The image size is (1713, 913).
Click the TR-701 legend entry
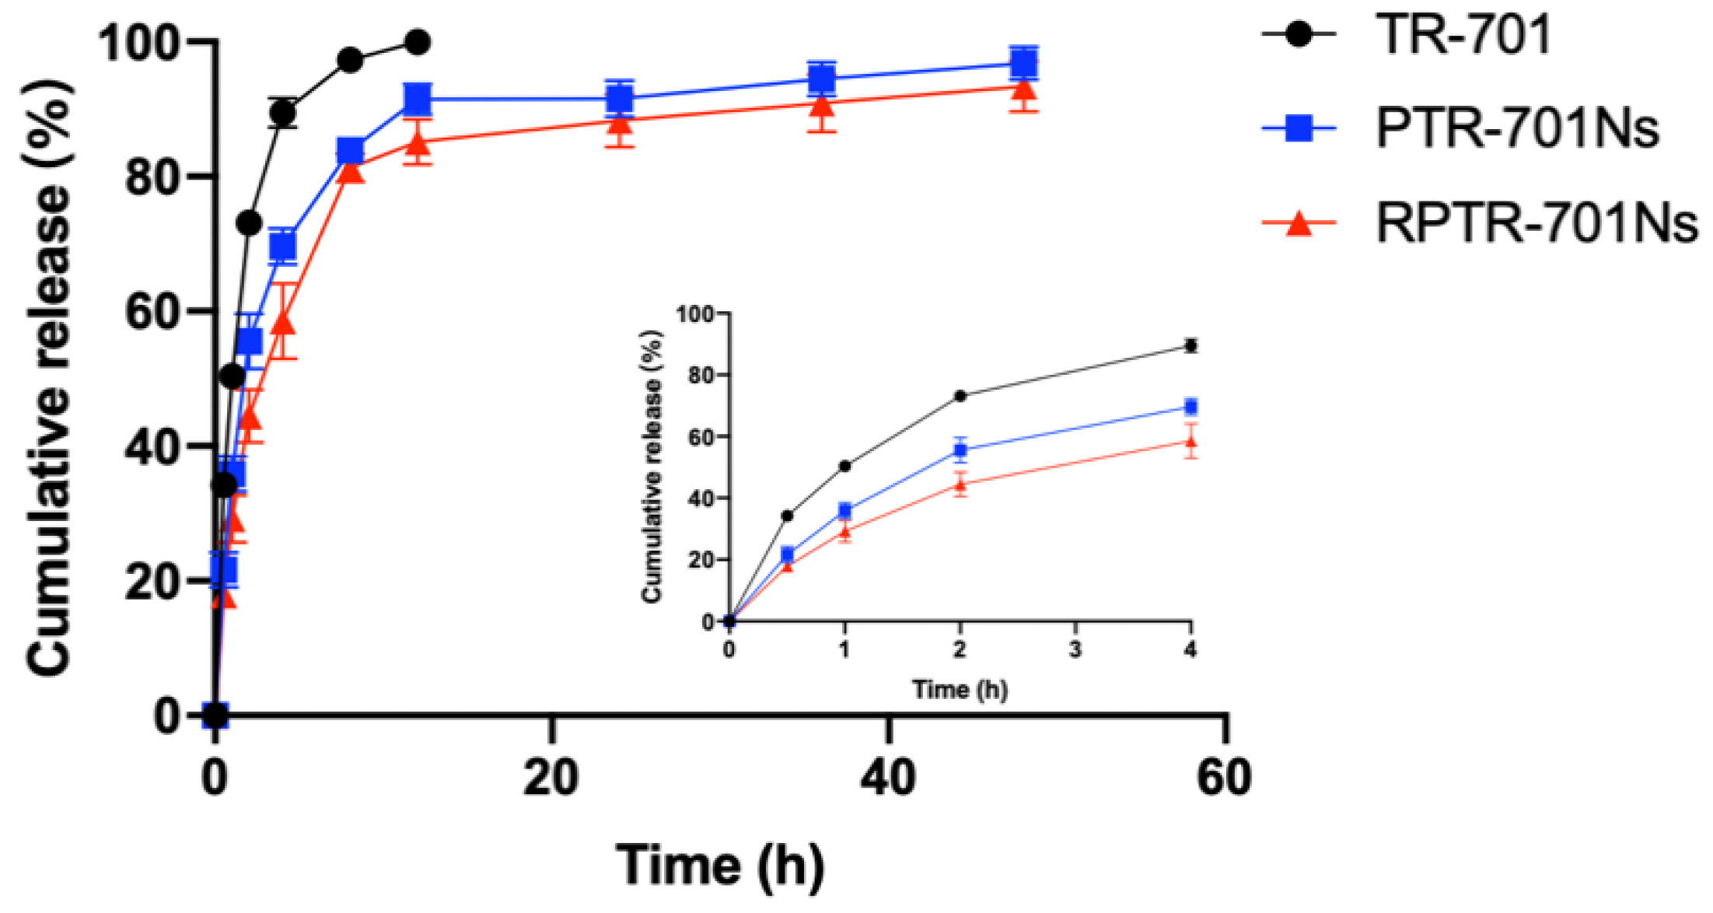click(1462, 34)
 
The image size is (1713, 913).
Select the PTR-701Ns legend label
click(1516, 128)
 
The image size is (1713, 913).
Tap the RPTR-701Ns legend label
click(1536, 224)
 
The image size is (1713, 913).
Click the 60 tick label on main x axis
click(1224, 777)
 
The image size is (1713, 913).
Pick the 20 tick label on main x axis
click(551, 777)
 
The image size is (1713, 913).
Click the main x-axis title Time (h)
click(719, 866)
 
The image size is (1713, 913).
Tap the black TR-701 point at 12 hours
click(418, 42)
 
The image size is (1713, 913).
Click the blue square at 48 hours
click(1024, 63)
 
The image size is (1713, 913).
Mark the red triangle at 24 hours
click(620, 122)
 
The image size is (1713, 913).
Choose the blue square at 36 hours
click(822, 79)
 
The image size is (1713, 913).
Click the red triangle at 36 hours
click(822, 104)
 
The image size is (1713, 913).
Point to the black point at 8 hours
click(351, 60)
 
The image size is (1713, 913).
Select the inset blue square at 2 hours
click(960, 450)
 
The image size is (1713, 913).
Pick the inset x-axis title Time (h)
click(960, 689)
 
